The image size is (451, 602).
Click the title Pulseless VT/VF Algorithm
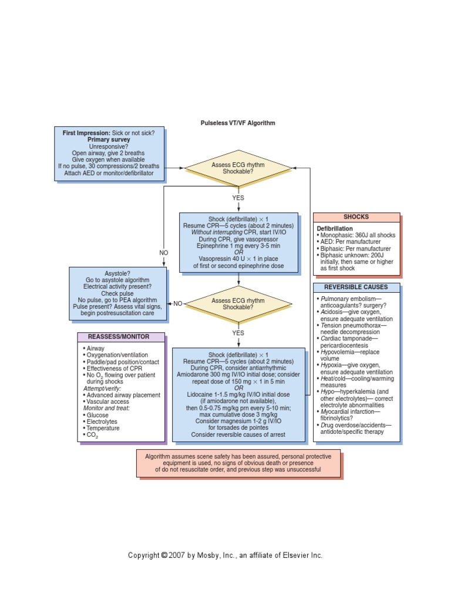tap(238, 123)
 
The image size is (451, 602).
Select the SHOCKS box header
tap(356, 217)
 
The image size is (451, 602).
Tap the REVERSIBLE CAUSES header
tap(356, 287)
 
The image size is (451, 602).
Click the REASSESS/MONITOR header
tap(121, 337)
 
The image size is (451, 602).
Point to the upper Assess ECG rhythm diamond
tap(238, 169)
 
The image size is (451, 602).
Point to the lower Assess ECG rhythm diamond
tap(238, 304)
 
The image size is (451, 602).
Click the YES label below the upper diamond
tap(238, 198)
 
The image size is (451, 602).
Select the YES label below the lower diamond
tap(238, 333)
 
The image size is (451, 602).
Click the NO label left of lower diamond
tap(177, 304)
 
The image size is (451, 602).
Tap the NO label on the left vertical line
tap(164, 253)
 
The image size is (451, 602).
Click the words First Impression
tap(86, 133)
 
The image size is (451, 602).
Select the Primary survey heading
tap(109, 140)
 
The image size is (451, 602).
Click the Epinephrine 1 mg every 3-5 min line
tap(238, 246)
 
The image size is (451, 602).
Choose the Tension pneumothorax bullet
tap(352, 325)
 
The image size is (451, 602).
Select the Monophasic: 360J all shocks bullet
tap(358, 235)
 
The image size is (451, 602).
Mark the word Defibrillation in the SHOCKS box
tap(335, 228)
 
